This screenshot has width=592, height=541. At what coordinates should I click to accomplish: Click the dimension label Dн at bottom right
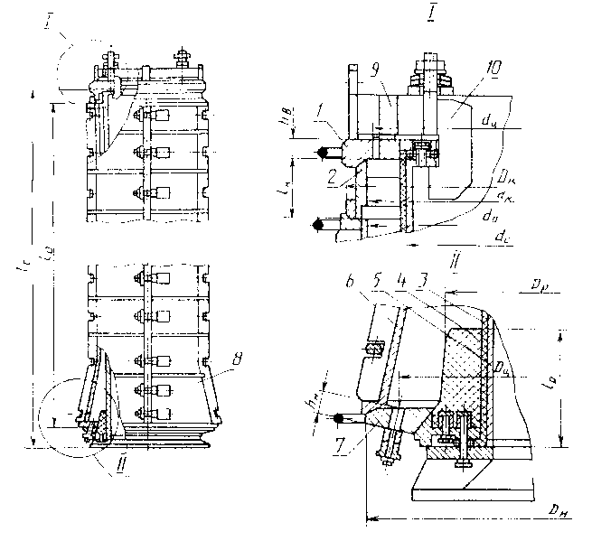555,512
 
